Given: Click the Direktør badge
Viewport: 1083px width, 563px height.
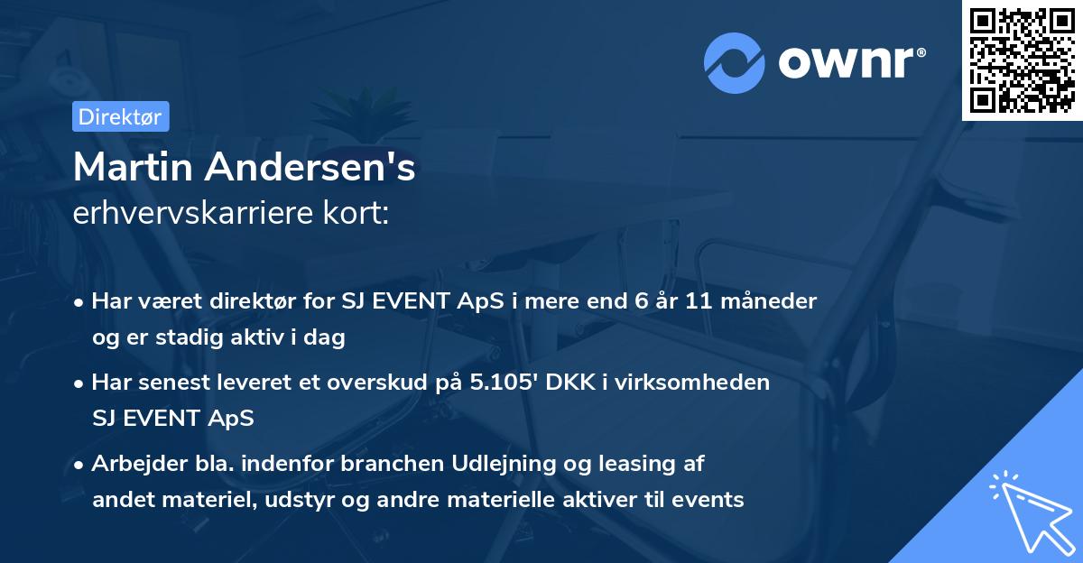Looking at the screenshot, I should (120, 116).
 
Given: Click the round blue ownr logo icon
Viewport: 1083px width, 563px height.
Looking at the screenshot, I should (735, 63).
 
